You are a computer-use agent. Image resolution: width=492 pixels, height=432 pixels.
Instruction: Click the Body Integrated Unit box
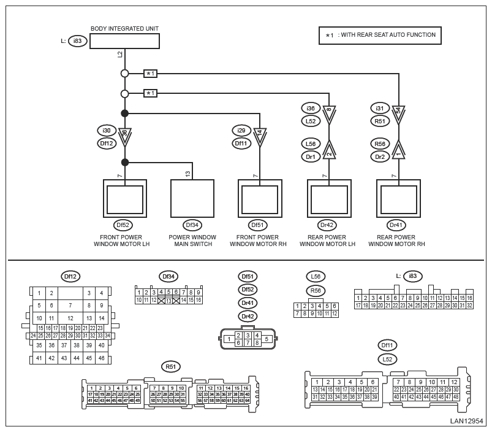tap(124, 41)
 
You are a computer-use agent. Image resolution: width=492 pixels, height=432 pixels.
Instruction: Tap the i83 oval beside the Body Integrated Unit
tap(77, 41)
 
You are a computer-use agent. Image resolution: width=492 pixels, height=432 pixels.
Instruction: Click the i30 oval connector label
tap(107, 130)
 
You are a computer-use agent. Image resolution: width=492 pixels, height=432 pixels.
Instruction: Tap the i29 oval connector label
tap(241, 130)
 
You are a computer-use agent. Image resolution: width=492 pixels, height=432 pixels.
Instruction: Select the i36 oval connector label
tap(311, 108)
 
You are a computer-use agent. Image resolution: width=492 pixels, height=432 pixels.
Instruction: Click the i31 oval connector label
tap(380, 108)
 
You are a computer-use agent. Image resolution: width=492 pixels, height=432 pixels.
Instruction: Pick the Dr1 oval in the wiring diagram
tap(311, 156)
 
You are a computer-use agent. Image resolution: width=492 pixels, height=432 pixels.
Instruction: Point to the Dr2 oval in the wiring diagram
tap(380, 156)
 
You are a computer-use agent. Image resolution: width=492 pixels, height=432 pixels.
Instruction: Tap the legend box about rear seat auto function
tap(380, 35)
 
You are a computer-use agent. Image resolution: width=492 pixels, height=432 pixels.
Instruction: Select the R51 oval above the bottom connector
tap(170, 366)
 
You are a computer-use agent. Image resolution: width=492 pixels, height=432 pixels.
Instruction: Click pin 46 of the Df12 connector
tap(101, 358)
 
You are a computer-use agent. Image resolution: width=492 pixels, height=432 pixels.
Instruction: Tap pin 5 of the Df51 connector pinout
tap(267, 339)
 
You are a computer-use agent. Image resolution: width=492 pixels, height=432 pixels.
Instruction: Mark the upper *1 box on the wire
tap(151, 74)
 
